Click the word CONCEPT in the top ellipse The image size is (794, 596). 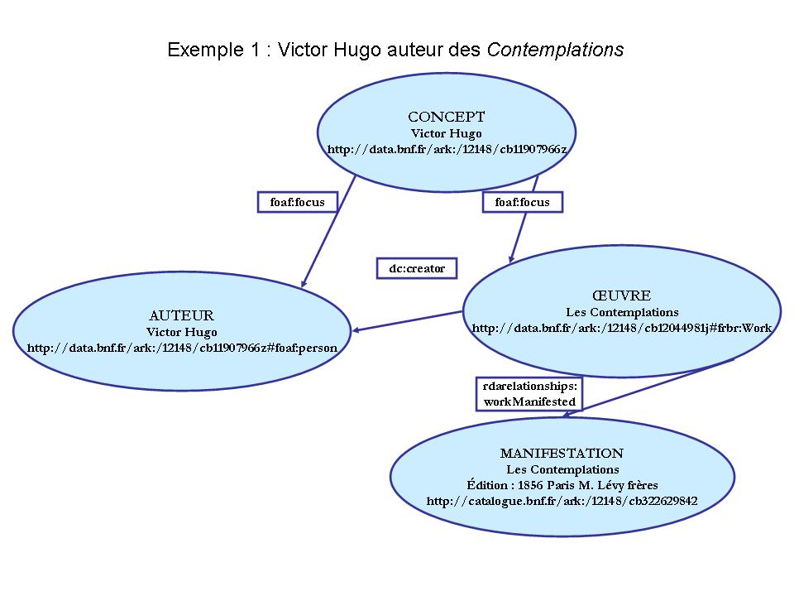447,117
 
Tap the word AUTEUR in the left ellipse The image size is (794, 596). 181,315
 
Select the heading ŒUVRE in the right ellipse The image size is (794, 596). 621,296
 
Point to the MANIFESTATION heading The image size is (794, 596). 562,453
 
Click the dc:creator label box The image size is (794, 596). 417,268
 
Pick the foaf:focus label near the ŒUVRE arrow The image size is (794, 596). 522,202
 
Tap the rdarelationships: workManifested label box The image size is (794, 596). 529,394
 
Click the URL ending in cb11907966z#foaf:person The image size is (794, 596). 182,348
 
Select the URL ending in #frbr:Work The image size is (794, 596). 621,328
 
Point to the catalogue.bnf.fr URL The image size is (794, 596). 562,501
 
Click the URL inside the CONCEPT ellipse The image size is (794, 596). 447,150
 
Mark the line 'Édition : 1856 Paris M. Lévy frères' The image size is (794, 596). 562,485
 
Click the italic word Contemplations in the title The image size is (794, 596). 555,50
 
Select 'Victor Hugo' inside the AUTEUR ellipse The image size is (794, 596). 182,332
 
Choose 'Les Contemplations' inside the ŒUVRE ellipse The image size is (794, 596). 622,312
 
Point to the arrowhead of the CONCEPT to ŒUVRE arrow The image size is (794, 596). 512,257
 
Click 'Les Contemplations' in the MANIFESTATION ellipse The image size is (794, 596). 562,469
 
